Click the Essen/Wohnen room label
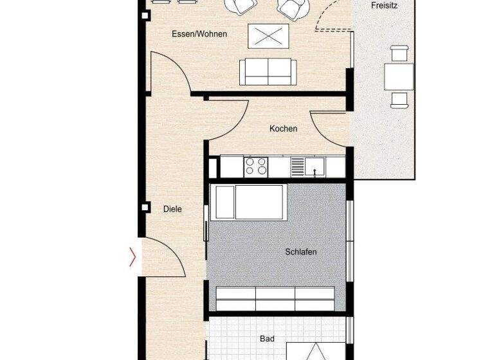point(199,34)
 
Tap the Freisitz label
point(384,6)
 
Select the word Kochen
point(283,129)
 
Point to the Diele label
point(172,209)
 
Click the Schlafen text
point(300,252)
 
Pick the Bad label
point(267,338)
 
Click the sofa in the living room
point(268,71)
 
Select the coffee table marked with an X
point(269,35)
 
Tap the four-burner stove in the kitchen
point(255,166)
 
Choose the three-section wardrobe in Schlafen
point(275,299)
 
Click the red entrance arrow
point(133,257)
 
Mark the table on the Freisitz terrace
point(399,76)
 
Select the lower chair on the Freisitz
point(399,99)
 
